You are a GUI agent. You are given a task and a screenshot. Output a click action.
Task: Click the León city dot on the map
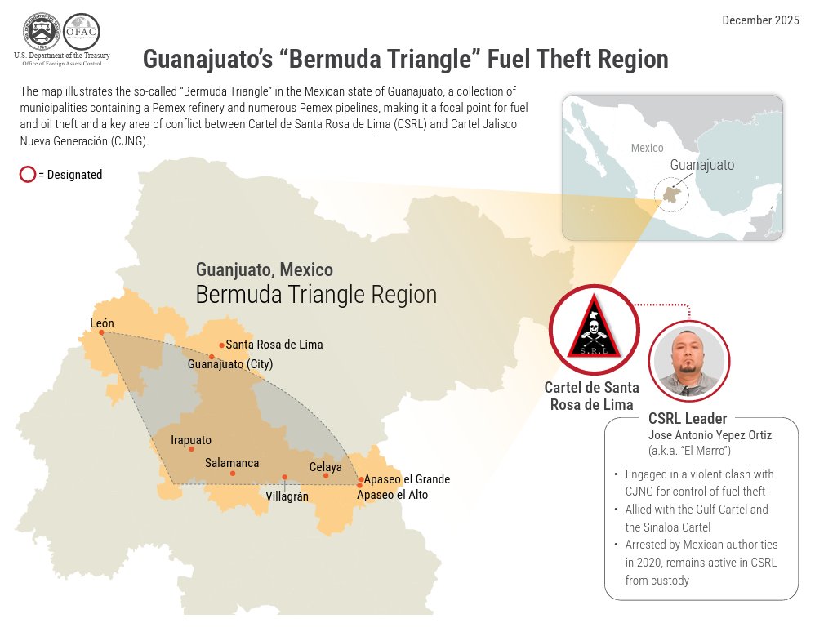[x=101, y=332]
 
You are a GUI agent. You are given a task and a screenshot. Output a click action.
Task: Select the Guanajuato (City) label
[x=230, y=364]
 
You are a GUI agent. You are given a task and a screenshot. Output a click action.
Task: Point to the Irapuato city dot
[x=192, y=449]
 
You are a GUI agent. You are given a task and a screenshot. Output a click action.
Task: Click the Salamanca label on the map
[x=232, y=463]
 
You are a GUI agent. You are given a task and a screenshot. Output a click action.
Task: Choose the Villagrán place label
[x=287, y=495]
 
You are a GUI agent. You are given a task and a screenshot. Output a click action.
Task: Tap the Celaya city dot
[x=326, y=475]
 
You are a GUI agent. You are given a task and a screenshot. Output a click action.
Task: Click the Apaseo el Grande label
[x=407, y=479]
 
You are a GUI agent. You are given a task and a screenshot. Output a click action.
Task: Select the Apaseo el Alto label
[x=392, y=495]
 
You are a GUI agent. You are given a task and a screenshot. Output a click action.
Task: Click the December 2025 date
[x=760, y=20]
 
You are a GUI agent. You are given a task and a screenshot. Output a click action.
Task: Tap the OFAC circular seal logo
[x=81, y=32]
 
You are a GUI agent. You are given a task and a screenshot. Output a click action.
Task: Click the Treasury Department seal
[x=42, y=32]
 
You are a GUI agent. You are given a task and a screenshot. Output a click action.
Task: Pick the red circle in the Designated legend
[x=27, y=174]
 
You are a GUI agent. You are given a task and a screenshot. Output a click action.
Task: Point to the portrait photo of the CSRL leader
[x=688, y=361]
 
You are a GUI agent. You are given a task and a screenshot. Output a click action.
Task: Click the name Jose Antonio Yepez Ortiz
[x=709, y=435]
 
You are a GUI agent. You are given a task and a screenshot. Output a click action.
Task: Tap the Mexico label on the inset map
[x=647, y=148]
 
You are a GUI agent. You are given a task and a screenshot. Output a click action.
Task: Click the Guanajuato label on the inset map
[x=701, y=165]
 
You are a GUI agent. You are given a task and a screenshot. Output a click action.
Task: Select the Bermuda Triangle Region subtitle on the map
[x=316, y=295]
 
